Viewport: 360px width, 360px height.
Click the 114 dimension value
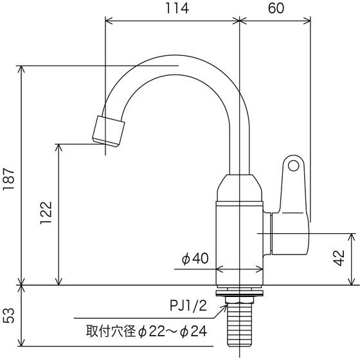click(x=177, y=8)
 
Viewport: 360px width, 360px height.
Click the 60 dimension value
click(x=276, y=8)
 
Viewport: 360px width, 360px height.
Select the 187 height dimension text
click(x=9, y=179)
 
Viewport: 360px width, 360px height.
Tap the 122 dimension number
click(x=46, y=213)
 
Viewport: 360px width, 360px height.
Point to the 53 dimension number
click(x=9, y=316)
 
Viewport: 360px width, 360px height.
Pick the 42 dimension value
click(x=339, y=258)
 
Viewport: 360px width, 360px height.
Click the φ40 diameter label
click(x=195, y=258)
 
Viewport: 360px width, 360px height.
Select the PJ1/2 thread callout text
click(x=188, y=306)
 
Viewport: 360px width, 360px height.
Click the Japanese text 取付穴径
click(x=111, y=331)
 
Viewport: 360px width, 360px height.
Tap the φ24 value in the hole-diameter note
click(x=194, y=331)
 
